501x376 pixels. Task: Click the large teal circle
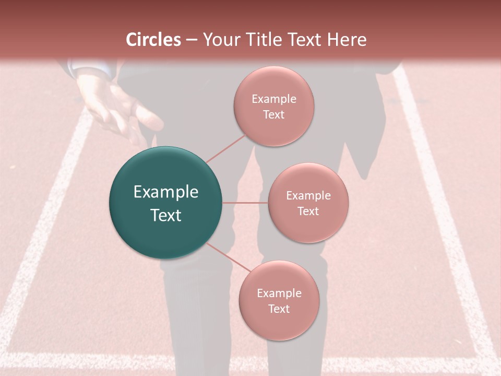pyautogui.click(x=166, y=203)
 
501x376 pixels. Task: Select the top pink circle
pyautogui.click(x=273, y=106)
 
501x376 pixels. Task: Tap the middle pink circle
pyautogui.click(x=308, y=203)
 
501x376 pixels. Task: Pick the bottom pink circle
pyautogui.click(x=279, y=300)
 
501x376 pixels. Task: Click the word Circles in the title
pyautogui.click(x=153, y=40)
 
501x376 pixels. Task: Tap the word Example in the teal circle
pyautogui.click(x=166, y=192)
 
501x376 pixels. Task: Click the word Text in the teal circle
pyautogui.click(x=166, y=215)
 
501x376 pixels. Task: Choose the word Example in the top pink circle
pyautogui.click(x=274, y=99)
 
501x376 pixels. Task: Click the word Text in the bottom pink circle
pyautogui.click(x=279, y=309)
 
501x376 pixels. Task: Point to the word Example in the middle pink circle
pyautogui.click(x=308, y=195)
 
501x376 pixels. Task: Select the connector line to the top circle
pyautogui.click(x=225, y=148)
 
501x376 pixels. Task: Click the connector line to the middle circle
pyautogui.click(x=245, y=203)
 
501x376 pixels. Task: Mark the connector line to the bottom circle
pyautogui.click(x=228, y=257)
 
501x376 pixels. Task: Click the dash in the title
pyautogui.click(x=192, y=40)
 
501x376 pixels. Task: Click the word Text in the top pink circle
pyautogui.click(x=273, y=114)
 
